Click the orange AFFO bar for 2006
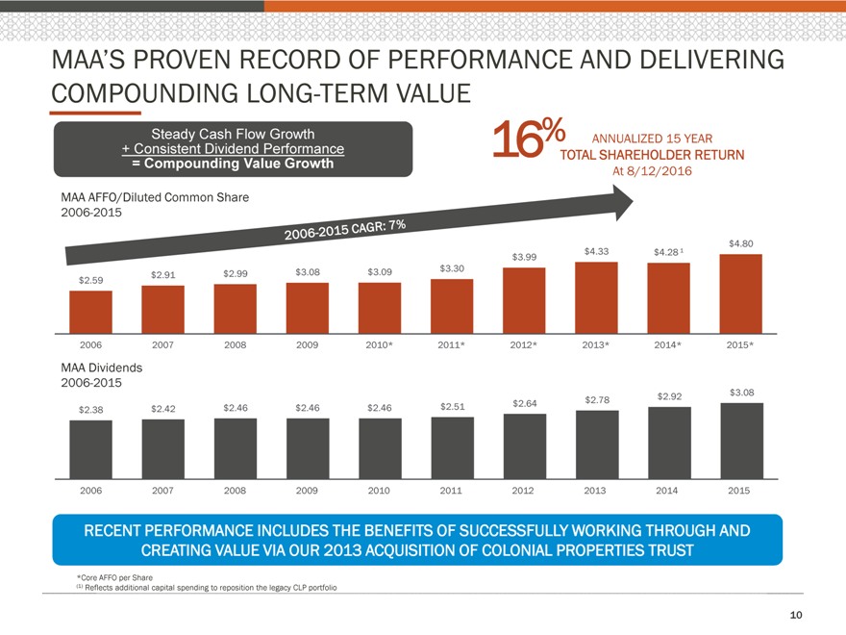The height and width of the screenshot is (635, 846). point(90,310)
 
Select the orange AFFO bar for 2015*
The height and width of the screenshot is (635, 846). point(740,292)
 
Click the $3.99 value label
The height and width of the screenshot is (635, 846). point(524,257)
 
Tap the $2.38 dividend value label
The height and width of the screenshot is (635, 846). point(90,409)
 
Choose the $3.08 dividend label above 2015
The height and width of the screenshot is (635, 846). point(741,392)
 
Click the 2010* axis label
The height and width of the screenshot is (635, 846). point(380,344)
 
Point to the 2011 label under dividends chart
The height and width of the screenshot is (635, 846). point(451,491)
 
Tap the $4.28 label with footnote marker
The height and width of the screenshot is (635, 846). point(667,252)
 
